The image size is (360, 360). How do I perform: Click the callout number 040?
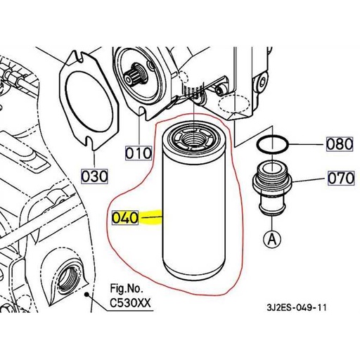[125, 218]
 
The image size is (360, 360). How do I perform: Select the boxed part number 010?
[138, 152]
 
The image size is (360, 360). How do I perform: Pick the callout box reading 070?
[340, 179]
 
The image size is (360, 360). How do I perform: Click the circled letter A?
[270, 239]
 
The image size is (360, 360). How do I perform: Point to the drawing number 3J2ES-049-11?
[297, 307]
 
